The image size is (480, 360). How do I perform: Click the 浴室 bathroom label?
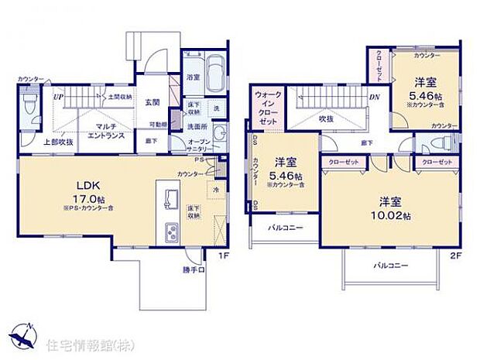pyautogui.click(x=192, y=77)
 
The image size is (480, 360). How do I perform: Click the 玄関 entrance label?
pyautogui.click(x=152, y=102)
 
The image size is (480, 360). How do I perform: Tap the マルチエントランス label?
pyautogui.click(x=101, y=131)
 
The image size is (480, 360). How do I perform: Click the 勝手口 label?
pyautogui.click(x=194, y=270)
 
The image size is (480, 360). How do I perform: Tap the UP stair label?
pyautogui.click(x=58, y=98)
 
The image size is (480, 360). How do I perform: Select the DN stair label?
pyautogui.click(x=373, y=98)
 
